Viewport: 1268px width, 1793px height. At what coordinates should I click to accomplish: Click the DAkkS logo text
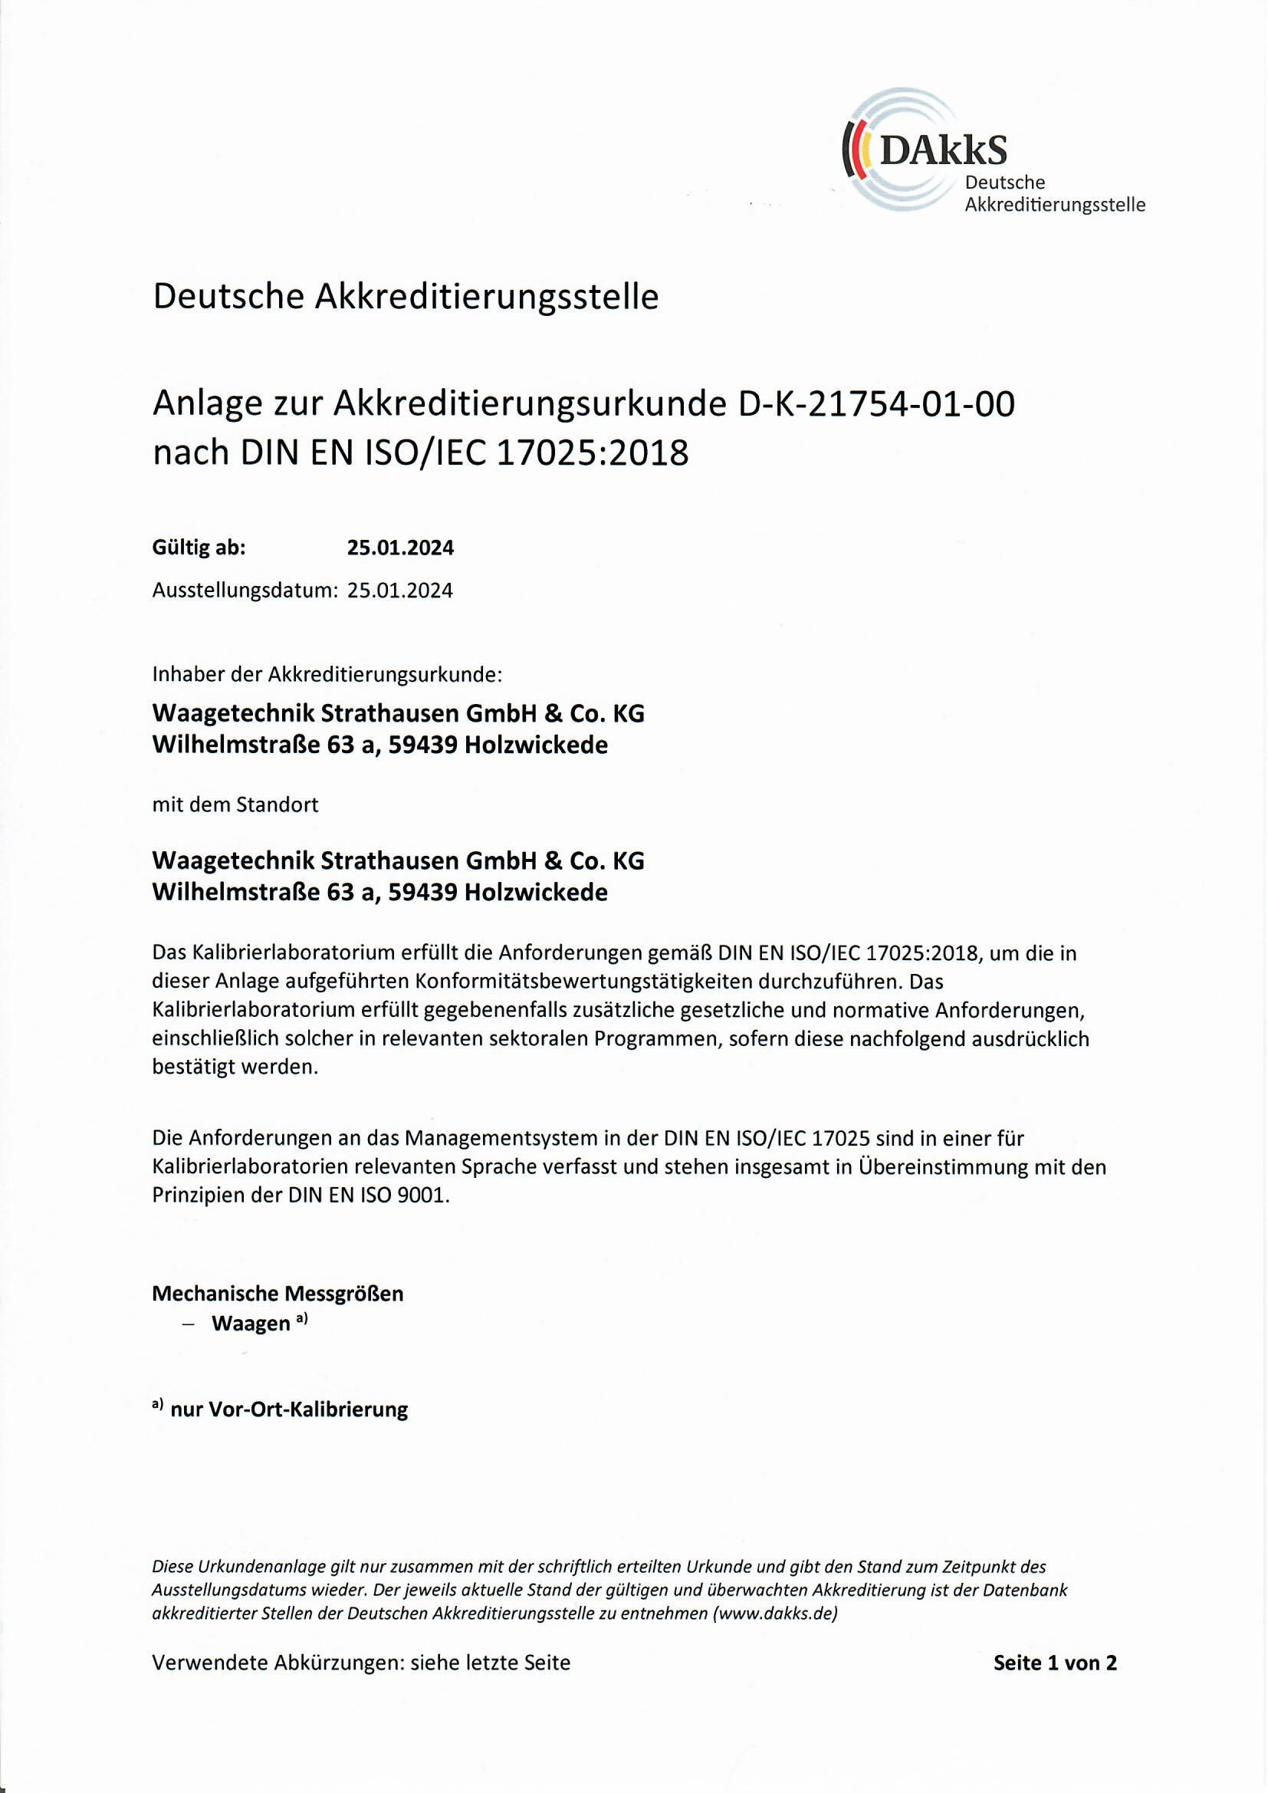tap(943, 148)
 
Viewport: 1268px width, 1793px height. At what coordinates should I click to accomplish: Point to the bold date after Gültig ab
tap(399, 548)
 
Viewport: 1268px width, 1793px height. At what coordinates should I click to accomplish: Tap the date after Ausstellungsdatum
tap(399, 591)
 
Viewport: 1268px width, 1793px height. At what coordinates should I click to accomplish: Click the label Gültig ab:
tap(199, 548)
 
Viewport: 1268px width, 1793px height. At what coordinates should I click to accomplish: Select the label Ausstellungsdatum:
tap(245, 591)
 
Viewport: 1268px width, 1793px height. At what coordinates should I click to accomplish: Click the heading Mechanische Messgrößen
tap(278, 1294)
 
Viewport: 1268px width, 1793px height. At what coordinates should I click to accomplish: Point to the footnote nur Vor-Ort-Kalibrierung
tap(289, 1410)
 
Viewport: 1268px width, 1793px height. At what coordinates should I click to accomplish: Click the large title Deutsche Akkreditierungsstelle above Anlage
tap(406, 298)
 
